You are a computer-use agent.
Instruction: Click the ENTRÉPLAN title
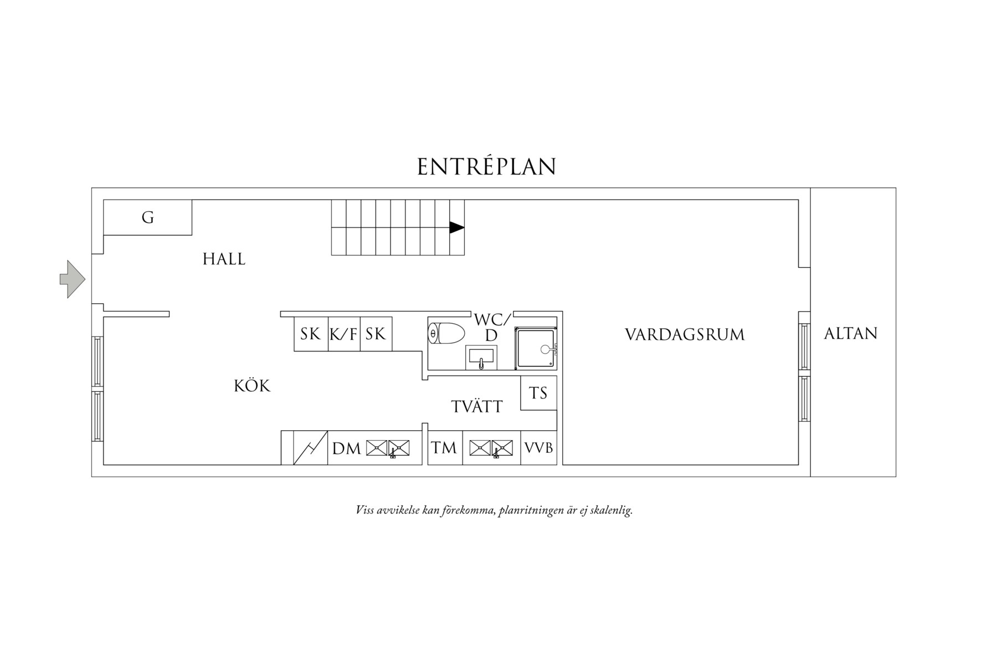tap(486, 167)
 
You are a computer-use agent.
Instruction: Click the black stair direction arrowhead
tap(456, 227)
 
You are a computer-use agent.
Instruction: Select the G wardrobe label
tap(147, 217)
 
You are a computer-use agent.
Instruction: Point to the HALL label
tap(224, 259)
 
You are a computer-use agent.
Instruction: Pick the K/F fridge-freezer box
tap(344, 334)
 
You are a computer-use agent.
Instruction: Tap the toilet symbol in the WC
tap(446, 333)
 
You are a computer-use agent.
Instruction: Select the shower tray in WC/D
tap(535, 348)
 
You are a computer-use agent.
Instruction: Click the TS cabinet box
tap(538, 393)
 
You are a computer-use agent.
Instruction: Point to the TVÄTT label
tap(477, 407)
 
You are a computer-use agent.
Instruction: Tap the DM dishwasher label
tap(346, 448)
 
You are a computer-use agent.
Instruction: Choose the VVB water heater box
tap(539, 448)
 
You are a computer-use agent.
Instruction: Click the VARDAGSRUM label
tap(685, 335)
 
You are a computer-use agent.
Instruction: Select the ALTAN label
tap(851, 334)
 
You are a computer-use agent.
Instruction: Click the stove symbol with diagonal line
tap(310, 448)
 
